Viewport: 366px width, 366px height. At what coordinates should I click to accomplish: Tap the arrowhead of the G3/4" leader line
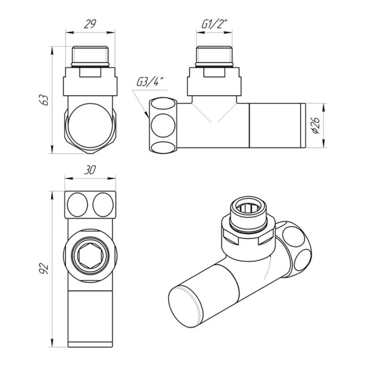pyautogui.click(x=146, y=115)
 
